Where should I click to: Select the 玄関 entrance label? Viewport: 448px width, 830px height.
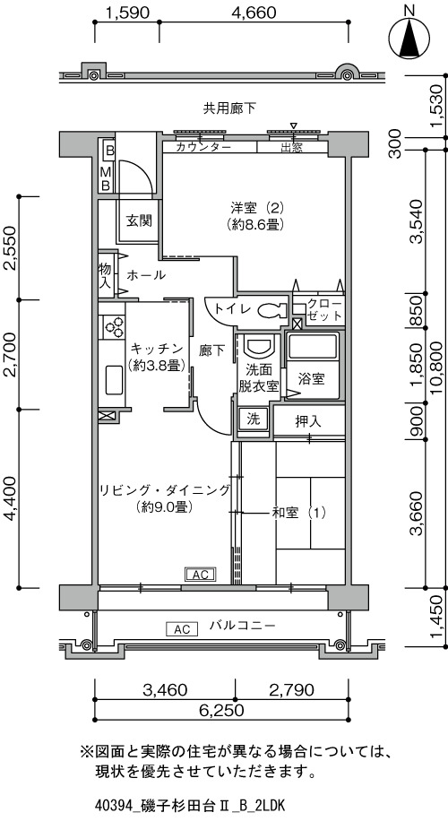(139, 220)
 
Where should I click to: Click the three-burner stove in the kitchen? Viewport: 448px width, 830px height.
(113, 326)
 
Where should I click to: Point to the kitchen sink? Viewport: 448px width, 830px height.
(114, 379)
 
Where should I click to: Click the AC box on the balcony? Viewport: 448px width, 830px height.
(182, 629)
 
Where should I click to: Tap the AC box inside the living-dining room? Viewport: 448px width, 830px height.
(200, 575)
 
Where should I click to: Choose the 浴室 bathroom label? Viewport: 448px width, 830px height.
(311, 378)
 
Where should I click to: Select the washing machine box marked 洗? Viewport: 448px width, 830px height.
(254, 419)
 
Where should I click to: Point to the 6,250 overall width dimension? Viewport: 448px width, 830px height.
(221, 710)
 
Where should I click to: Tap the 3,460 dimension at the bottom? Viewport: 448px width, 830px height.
(165, 690)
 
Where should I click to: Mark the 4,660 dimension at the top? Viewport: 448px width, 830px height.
(254, 12)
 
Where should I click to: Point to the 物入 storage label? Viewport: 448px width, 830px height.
(105, 275)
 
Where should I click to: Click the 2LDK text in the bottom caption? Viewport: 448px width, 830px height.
(271, 806)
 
